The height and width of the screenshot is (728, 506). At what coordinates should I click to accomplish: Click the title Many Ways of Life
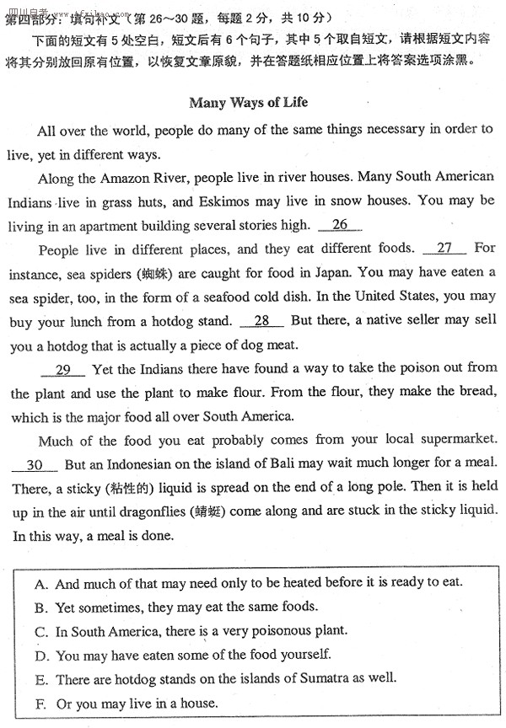click(249, 103)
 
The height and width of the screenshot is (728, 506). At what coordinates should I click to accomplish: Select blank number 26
click(341, 225)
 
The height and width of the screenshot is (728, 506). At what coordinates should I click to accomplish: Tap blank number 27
click(444, 249)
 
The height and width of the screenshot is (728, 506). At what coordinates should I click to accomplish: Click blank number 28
click(261, 321)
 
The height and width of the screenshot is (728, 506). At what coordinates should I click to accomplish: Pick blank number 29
click(63, 369)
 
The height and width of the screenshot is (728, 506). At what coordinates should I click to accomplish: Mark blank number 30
click(35, 465)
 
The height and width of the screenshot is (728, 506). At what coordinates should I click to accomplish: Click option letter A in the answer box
click(40, 583)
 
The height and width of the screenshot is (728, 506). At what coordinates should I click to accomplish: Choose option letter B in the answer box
click(40, 607)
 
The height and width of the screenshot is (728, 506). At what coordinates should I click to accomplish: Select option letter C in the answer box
click(40, 631)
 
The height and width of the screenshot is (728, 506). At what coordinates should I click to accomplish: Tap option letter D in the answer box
click(40, 655)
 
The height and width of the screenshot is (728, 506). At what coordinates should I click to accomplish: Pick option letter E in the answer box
click(40, 678)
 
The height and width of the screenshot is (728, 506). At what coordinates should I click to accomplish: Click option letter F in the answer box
click(40, 703)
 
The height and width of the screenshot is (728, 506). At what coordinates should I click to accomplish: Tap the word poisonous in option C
click(261, 631)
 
